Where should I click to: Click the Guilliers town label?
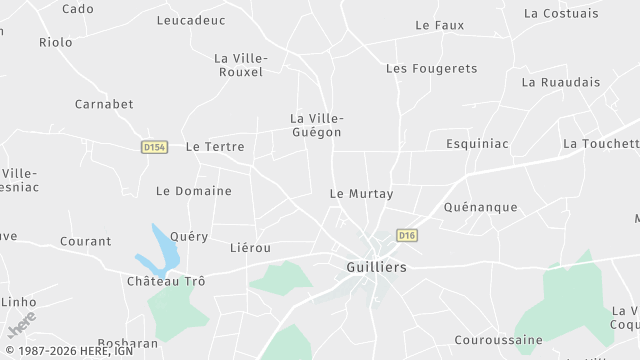click(x=376, y=268)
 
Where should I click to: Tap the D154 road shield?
click(x=154, y=147)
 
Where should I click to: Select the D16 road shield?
click(x=406, y=236)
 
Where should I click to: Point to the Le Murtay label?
click(x=362, y=193)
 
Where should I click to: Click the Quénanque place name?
click(x=480, y=207)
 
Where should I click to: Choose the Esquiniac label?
click(x=477, y=144)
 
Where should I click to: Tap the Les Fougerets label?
click(x=432, y=69)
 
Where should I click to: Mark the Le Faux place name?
click(x=440, y=25)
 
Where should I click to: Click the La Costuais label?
click(x=561, y=13)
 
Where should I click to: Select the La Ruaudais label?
click(x=561, y=82)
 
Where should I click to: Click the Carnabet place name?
click(x=104, y=104)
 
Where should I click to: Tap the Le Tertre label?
click(x=215, y=146)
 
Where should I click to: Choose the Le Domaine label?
click(x=194, y=191)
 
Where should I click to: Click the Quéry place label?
click(x=190, y=237)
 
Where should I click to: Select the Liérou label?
click(x=250, y=247)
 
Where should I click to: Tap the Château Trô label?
click(x=166, y=282)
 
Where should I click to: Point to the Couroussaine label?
click(x=492, y=340)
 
